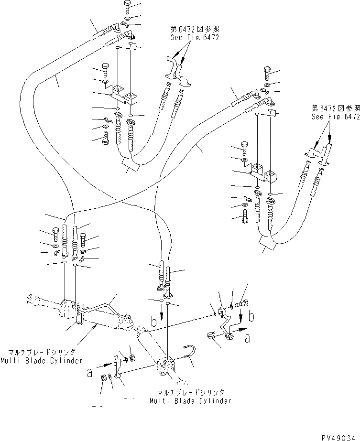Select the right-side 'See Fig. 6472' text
click(335, 117)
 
